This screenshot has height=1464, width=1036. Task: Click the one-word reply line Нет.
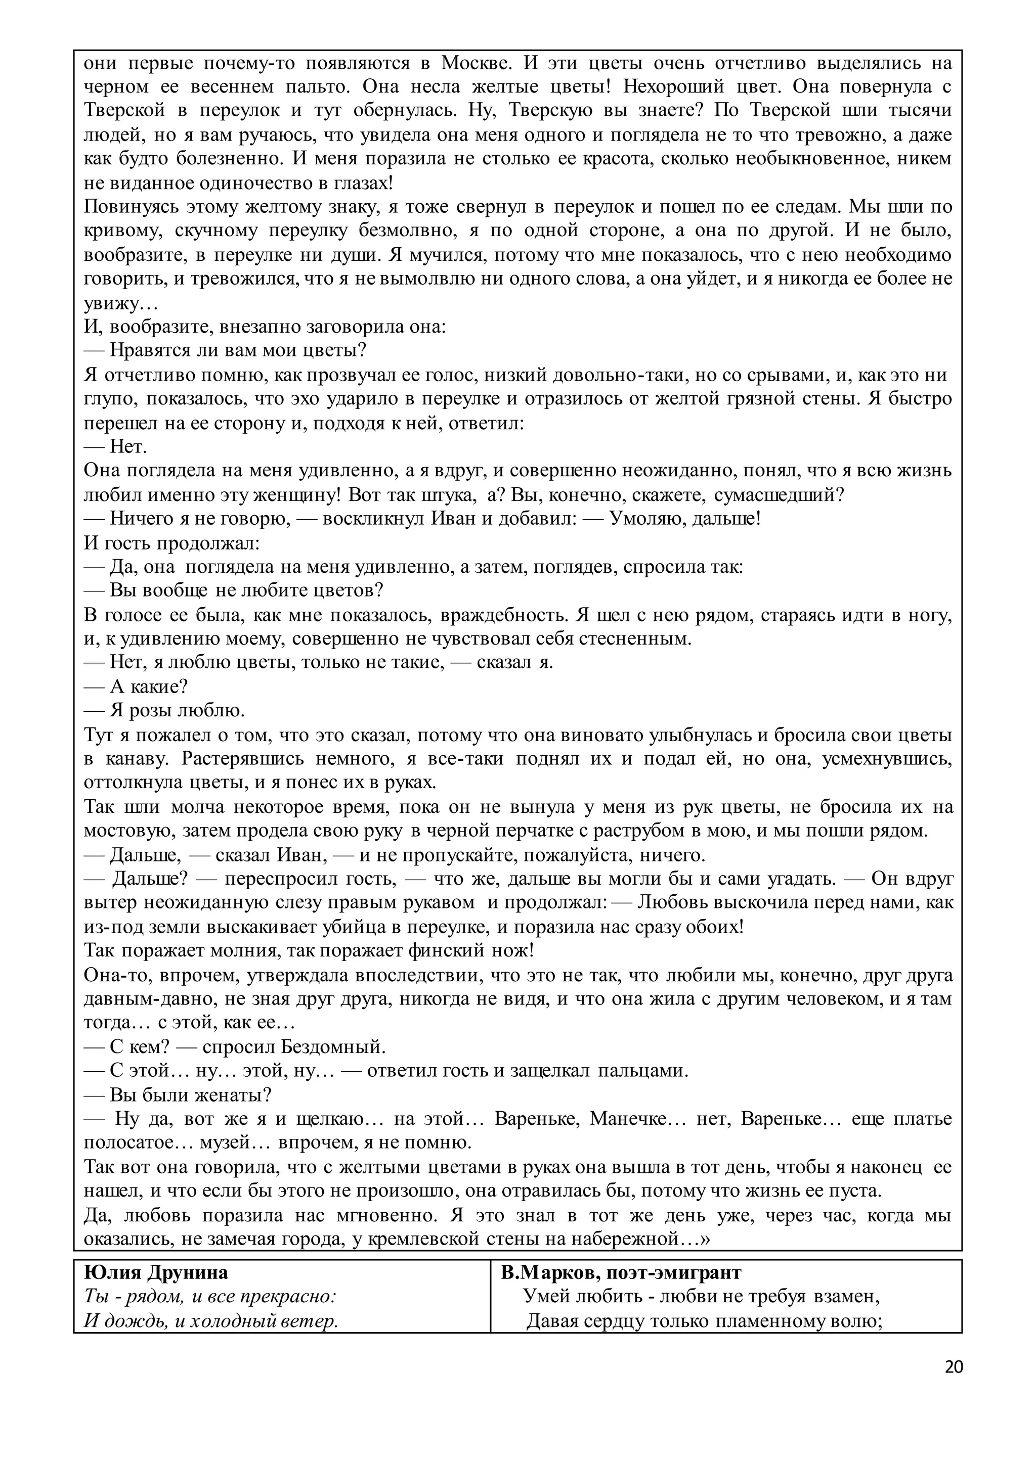click(x=127, y=446)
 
